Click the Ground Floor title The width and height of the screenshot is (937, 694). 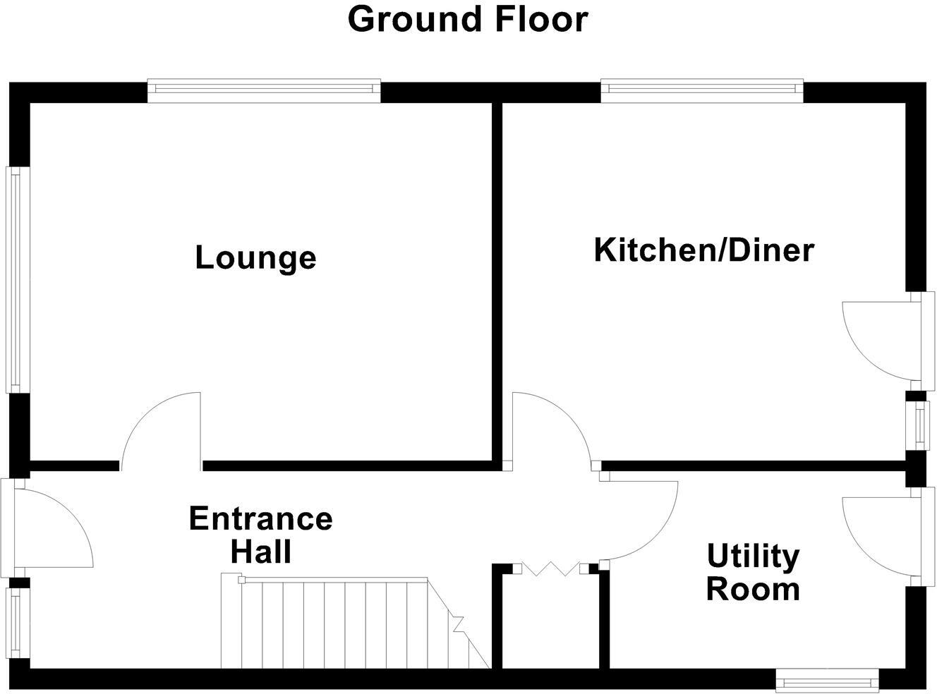[467, 20]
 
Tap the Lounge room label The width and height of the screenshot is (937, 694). [255, 257]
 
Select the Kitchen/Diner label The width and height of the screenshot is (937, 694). [703, 250]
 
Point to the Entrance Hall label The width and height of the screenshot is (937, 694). [260, 535]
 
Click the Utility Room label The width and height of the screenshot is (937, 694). [753, 572]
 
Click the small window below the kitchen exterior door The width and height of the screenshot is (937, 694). [919, 424]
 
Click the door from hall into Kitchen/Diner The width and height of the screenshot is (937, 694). [550, 427]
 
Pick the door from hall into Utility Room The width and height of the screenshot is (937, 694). [639, 520]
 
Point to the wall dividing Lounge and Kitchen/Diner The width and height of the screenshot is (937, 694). [497, 282]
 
